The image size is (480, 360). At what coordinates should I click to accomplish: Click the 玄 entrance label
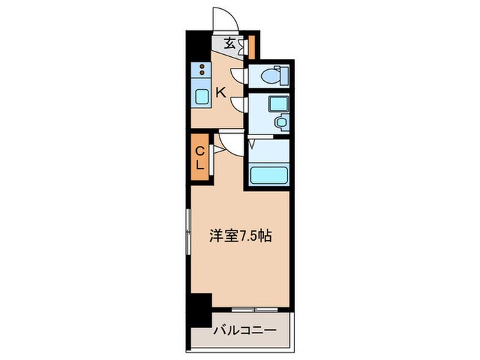coord(230,44)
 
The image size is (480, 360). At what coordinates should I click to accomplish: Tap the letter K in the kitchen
coord(221,92)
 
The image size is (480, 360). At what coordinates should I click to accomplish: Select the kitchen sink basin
coord(202,96)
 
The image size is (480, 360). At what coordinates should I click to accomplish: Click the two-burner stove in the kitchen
coord(202,69)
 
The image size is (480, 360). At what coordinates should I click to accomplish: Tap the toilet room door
coord(239,75)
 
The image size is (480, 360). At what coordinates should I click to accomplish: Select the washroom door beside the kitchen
coord(239,103)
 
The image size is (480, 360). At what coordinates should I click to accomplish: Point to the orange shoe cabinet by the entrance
coord(251,45)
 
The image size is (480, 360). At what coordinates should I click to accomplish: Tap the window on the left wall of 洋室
coord(188,232)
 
